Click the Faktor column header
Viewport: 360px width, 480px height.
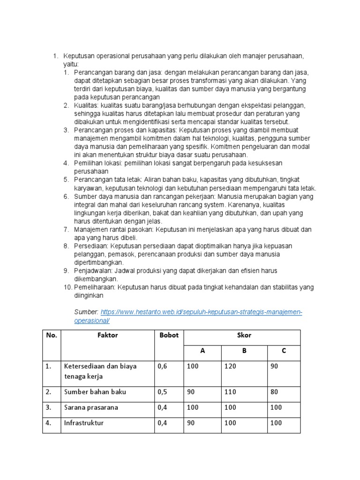[108, 335]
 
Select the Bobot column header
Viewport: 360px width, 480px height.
[169, 335]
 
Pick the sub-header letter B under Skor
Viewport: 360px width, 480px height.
[244, 351]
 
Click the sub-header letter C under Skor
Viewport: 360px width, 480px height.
[284, 351]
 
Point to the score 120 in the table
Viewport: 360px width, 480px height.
[231, 367]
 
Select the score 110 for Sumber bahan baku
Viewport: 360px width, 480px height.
[231, 392]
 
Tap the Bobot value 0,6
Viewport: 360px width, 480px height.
[163, 367]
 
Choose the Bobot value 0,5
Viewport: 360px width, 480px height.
[163, 392]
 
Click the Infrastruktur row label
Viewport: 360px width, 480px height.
[84, 423]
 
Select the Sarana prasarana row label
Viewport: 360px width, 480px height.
[91, 407]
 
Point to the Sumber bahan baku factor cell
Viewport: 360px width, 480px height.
[95, 392]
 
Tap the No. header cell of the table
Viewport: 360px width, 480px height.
[51, 335]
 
